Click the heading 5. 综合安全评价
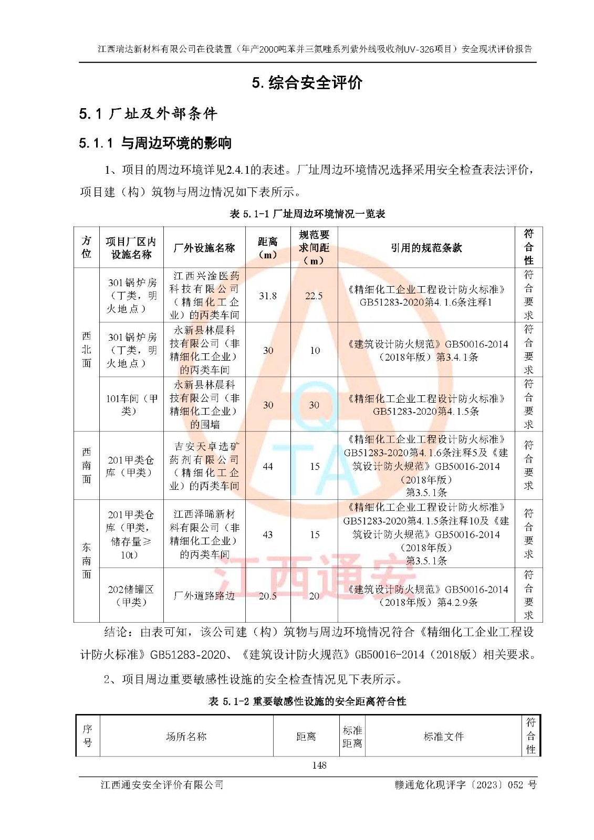[x=307, y=83]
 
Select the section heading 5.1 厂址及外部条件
[x=148, y=113]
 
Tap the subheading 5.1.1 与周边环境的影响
[x=155, y=143]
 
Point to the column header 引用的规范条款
[x=426, y=248]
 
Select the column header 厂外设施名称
[x=204, y=248]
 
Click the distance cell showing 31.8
[x=268, y=296]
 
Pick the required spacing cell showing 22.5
[x=314, y=296]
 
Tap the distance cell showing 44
[x=268, y=466]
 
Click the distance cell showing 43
[x=268, y=534]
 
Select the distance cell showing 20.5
[x=268, y=595]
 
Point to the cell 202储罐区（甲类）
[x=131, y=595]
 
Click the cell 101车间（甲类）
[x=131, y=405]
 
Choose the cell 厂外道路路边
[x=204, y=595]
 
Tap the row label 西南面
[x=87, y=466]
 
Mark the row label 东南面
[x=87, y=561]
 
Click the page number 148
[x=319, y=765]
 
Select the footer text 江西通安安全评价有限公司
[x=162, y=785]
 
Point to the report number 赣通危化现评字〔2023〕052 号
[x=465, y=785]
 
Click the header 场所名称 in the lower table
[x=186, y=737]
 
